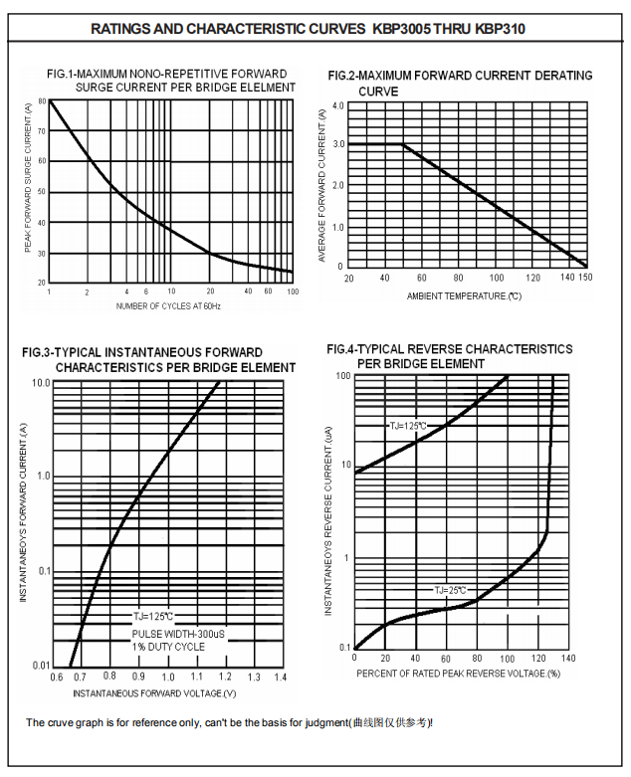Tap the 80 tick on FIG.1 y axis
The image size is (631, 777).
pyautogui.click(x=42, y=101)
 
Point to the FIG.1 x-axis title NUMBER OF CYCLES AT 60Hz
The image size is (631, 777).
pyautogui.click(x=168, y=305)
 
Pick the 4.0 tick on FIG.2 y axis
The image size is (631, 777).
pyautogui.click(x=337, y=105)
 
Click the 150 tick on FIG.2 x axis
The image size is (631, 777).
pyautogui.click(x=585, y=278)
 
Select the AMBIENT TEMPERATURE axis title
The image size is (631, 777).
pyautogui.click(x=464, y=296)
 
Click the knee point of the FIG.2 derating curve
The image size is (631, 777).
pyautogui.click(x=403, y=145)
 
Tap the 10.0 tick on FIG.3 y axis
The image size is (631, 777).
pyautogui.click(x=42, y=383)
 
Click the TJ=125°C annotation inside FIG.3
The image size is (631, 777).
pyautogui.click(x=153, y=617)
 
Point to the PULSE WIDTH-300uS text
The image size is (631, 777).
pyautogui.click(x=178, y=634)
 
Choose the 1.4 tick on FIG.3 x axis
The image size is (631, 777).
pyautogui.click(x=280, y=677)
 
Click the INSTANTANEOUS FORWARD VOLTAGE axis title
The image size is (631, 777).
pyautogui.click(x=154, y=691)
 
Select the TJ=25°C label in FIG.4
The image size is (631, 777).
pyautogui.click(x=449, y=590)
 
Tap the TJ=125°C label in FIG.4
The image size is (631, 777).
pyautogui.click(x=408, y=426)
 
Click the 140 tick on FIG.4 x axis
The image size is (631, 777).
pyautogui.click(x=568, y=659)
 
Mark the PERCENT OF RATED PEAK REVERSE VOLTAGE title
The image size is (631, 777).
pyautogui.click(x=459, y=674)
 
